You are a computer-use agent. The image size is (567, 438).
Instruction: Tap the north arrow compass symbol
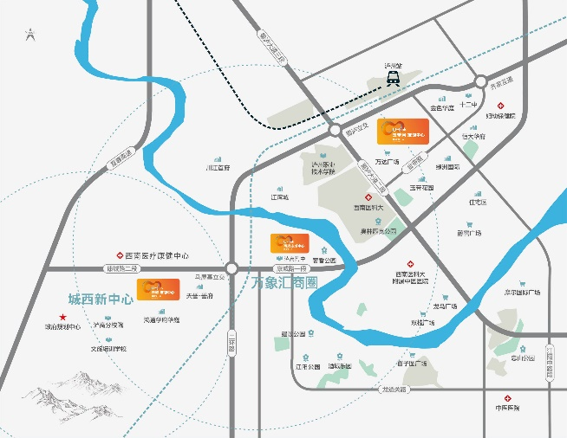pos(30,35)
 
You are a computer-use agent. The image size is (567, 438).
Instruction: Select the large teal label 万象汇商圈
pos(284,283)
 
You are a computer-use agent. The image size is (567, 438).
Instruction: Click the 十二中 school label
pos(469,105)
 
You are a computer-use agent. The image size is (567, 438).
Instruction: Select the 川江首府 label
pos(217,168)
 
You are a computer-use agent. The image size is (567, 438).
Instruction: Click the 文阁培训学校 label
pos(109,349)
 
